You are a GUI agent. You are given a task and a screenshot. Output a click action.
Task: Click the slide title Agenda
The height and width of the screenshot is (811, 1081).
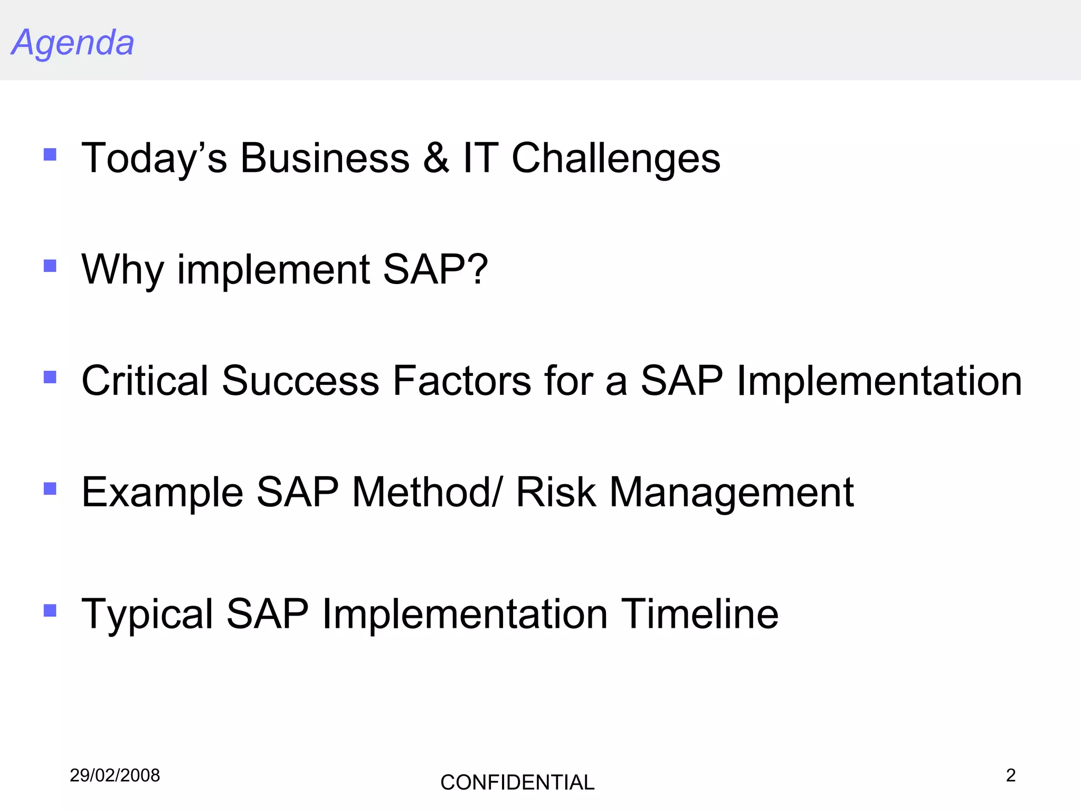coord(73,42)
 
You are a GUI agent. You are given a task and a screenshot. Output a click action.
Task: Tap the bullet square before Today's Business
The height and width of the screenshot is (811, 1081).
coord(50,154)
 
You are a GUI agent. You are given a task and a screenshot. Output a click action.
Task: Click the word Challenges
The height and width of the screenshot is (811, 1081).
coord(616,158)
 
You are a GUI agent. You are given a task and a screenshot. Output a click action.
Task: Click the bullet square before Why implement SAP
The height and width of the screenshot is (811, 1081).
coord(50,266)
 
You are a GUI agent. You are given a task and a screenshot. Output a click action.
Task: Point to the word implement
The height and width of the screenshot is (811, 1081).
coord(273,270)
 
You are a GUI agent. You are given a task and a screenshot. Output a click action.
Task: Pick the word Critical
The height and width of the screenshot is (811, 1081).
coord(145,381)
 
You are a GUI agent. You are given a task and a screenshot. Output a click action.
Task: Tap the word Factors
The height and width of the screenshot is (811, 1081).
coord(462,381)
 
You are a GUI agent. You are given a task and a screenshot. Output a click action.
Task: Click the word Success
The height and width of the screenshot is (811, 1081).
coord(300,381)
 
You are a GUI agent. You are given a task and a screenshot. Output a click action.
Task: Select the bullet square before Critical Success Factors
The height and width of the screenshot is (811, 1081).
coord(50,377)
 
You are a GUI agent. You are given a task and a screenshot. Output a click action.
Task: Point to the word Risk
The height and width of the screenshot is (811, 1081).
coord(556,492)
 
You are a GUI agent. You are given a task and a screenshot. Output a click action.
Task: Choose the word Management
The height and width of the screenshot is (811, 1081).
coord(732,493)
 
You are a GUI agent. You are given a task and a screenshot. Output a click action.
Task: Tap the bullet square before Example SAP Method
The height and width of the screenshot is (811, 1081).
coord(50,488)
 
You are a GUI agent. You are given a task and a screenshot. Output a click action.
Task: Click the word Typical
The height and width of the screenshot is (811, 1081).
coord(147,615)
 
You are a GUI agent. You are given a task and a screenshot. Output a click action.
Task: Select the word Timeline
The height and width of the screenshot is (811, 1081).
coord(699,614)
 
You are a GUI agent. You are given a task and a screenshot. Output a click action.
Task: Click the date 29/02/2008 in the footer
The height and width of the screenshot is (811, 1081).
coord(115,776)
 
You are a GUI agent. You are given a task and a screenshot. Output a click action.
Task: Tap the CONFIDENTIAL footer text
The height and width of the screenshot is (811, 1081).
coord(517,782)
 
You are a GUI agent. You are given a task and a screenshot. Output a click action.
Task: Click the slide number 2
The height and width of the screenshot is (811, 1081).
coord(1010,775)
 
